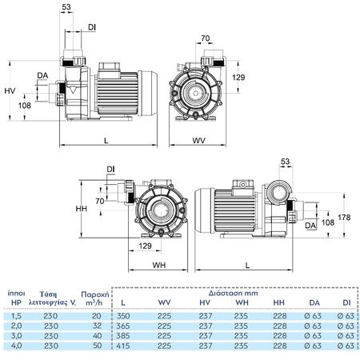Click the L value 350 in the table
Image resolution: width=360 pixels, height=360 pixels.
(x=123, y=316)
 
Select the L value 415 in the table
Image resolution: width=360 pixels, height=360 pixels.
(x=123, y=346)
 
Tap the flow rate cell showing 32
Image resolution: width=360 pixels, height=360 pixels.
(x=97, y=326)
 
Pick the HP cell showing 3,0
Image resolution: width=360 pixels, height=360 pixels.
(x=16, y=336)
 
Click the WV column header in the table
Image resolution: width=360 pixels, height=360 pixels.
(x=164, y=302)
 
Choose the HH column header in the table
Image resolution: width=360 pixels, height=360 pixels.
(x=279, y=302)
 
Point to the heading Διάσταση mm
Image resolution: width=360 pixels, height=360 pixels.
(x=233, y=294)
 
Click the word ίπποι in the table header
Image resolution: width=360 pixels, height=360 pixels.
(x=16, y=294)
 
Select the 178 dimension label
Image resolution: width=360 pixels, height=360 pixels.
(x=344, y=218)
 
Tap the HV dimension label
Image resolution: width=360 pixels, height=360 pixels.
(x=10, y=91)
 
